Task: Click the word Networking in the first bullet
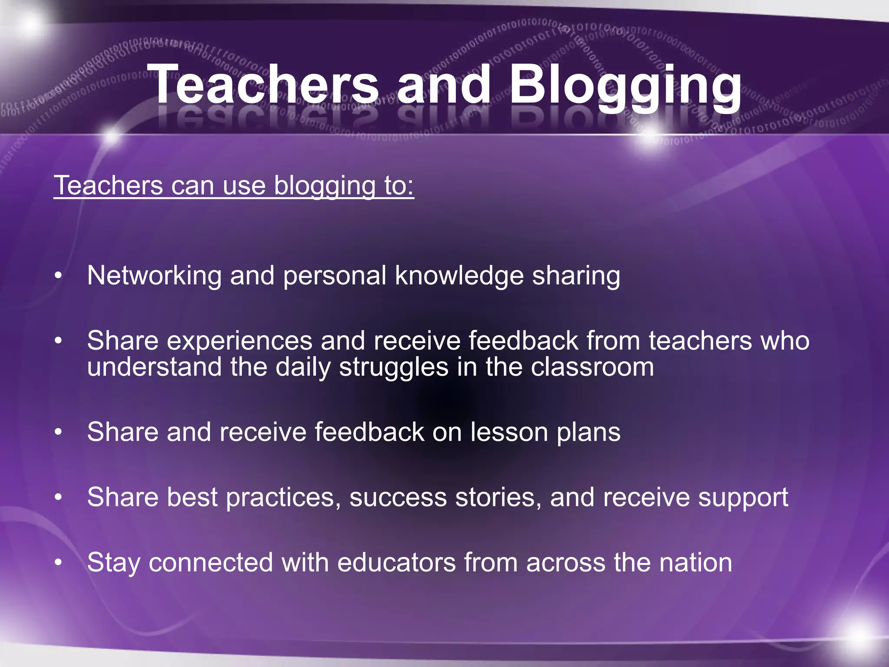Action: (154, 276)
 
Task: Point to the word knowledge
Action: (459, 276)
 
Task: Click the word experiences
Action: (239, 341)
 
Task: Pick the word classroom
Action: (592, 367)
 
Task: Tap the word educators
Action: (396, 563)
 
